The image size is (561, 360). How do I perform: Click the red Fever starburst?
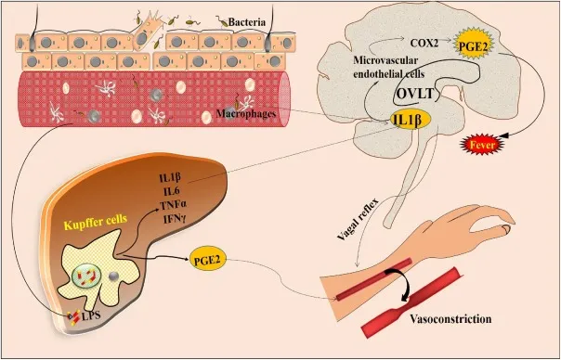coord(487,144)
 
